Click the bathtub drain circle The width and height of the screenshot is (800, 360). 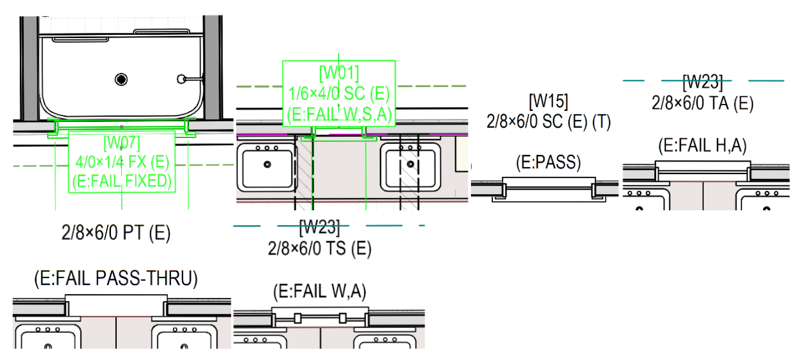click(121, 79)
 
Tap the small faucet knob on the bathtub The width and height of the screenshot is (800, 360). click(181, 79)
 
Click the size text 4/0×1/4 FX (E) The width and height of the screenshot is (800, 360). click(121, 161)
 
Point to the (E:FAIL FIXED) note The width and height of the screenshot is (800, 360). click(121, 182)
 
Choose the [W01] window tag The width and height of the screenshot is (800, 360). click(339, 72)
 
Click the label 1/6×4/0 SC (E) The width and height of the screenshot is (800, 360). click(339, 93)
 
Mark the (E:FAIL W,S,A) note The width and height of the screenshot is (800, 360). click(339, 114)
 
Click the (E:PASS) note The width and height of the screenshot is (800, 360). click(548, 162)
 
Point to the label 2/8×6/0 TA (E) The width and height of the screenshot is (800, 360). click(703, 103)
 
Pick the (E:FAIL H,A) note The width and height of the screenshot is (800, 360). click(703, 146)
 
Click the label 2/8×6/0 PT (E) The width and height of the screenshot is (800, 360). click(116, 233)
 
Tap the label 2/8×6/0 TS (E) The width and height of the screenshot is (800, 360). click(319, 248)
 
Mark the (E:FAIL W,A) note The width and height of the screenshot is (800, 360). click(319, 292)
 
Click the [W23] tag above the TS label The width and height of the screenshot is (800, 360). click(319, 227)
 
